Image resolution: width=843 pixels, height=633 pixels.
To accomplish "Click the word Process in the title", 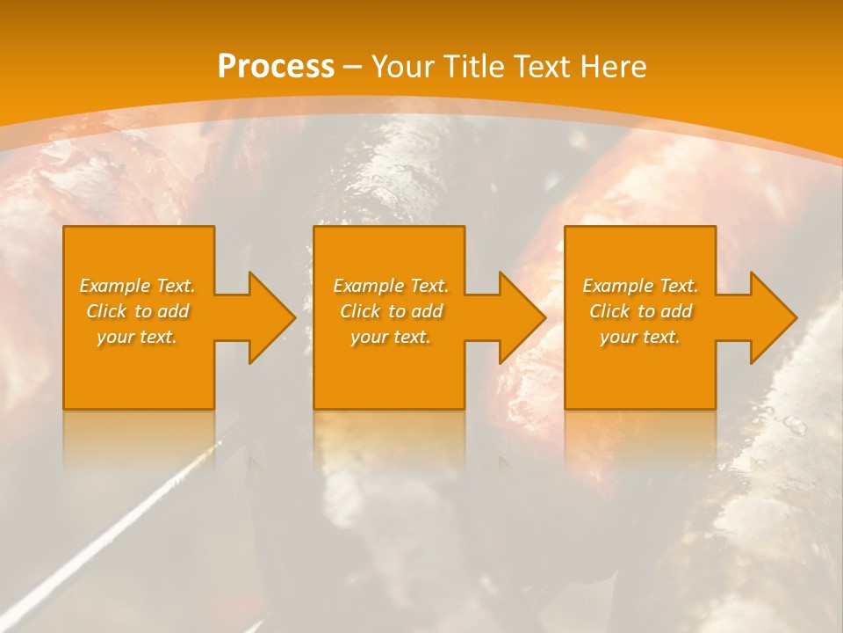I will [276, 67].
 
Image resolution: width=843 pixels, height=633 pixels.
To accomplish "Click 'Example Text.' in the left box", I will [137, 286].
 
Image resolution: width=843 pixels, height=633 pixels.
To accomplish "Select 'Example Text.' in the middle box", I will [391, 286].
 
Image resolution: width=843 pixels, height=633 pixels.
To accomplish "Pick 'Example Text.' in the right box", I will [640, 286].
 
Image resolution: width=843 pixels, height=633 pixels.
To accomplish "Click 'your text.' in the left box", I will [137, 337].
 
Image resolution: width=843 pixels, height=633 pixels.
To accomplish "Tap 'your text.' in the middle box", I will [391, 337].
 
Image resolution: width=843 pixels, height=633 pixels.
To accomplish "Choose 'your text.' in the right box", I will [640, 337].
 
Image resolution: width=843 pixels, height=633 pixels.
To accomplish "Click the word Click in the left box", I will [106, 311].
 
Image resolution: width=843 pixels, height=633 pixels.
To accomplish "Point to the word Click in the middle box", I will [360, 311].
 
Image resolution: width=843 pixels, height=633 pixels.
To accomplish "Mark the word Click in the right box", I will [609, 311].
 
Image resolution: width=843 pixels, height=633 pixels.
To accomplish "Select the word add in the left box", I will [173, 311].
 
